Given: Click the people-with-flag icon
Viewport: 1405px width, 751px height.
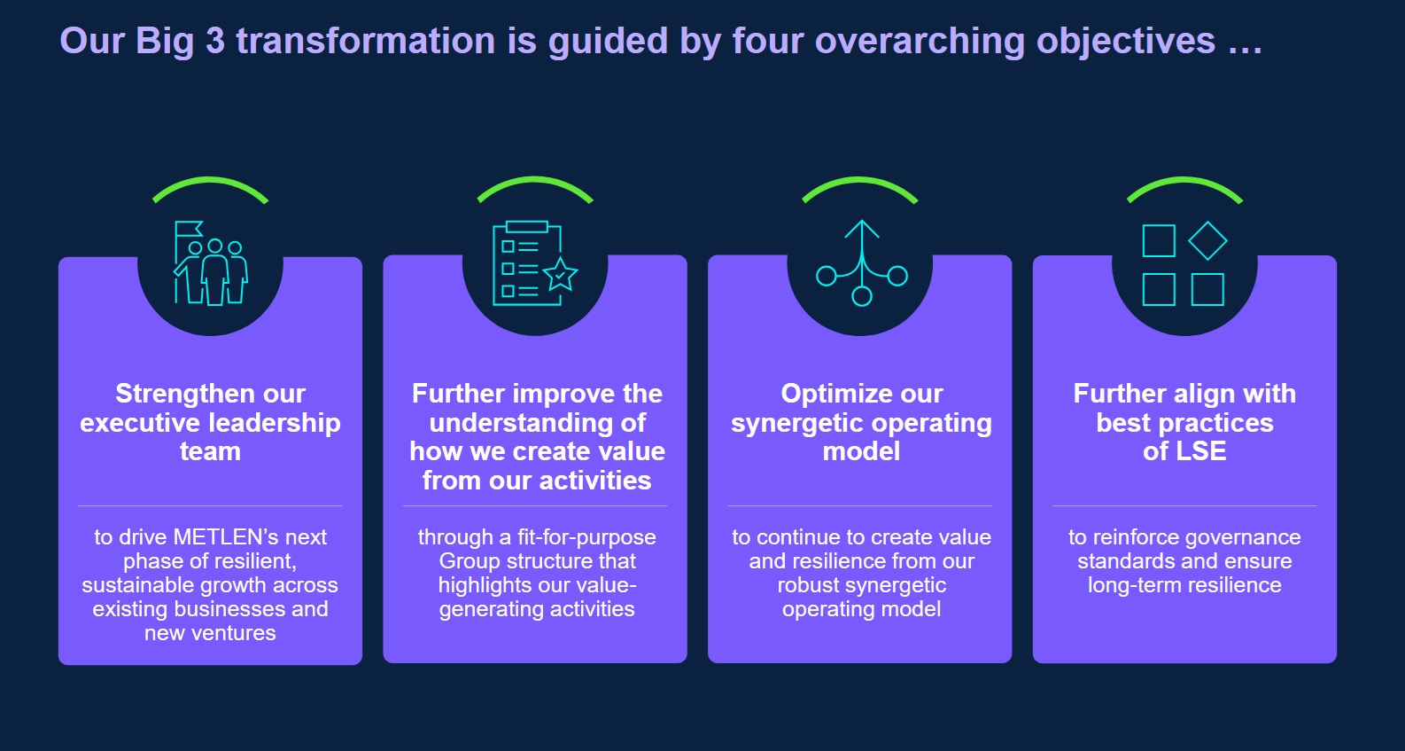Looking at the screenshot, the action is coord(211,263).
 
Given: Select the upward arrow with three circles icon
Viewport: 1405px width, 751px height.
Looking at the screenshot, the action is coord(862,263).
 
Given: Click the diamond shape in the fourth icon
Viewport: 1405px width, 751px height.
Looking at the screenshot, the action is coord(1207,240).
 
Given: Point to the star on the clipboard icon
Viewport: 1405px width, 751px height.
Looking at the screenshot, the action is coord(560,275).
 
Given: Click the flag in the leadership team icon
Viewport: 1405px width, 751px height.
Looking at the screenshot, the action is coord(189,230).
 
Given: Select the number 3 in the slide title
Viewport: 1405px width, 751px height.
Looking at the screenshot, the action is coord(215,41).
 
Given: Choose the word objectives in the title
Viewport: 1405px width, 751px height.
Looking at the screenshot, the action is coord(1125,42).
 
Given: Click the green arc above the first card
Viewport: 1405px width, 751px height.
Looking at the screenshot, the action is coord(211,187).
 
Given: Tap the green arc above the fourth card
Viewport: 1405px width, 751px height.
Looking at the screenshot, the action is coord(1184,187).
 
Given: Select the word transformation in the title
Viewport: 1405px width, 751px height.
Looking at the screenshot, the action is coord(366,41).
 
